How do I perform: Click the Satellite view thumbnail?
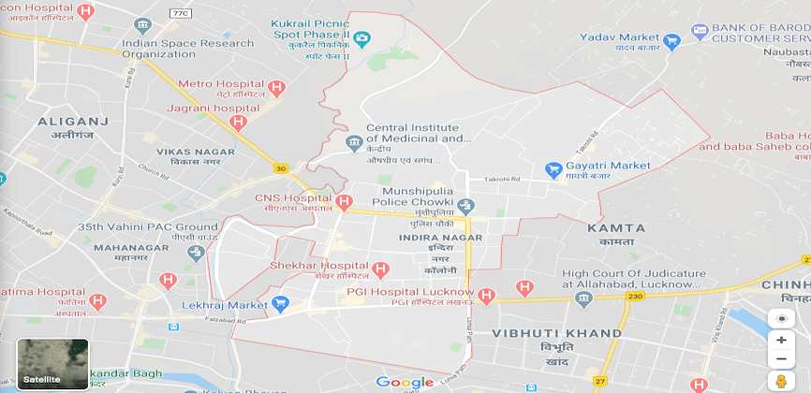[x=52, y=363]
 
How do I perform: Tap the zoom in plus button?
[x=781, y=340]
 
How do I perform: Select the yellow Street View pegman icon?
[x=781, y=381]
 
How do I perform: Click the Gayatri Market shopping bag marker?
[x=553, y=169]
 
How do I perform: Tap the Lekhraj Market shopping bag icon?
[x=278, y=304]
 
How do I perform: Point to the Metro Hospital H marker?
[x=275, y=89]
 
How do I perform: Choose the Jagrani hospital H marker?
[x=238, y=123]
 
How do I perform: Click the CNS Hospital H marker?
[x=344, y=201]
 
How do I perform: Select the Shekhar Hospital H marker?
[x=379, y=269]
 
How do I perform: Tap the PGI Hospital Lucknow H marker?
[x=485, y=296]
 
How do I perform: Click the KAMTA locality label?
[x=616, y=227]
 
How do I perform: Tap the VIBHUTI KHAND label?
[x=557, y=333]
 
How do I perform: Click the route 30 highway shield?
[x=280, y=168]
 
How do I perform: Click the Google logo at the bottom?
[x=405, y=381]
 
